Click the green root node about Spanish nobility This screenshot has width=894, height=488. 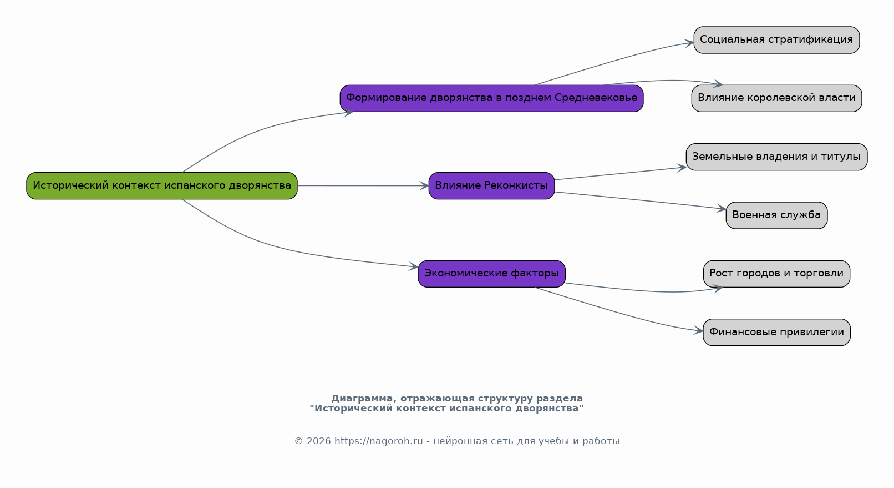pyautogui.click(x=161, y=186)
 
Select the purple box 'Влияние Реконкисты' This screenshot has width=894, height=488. pyautogui.click(x=491, y=186)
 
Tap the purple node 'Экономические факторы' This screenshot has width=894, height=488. pyautogui.click(x=491, y=274)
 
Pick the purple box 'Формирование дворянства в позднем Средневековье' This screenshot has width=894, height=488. pyautogui.click(x=491, y=98)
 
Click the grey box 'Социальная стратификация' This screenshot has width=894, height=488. pyautogui.click(x=776, y=40)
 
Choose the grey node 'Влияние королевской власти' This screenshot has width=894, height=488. pyautogui.click(x=776, y=98)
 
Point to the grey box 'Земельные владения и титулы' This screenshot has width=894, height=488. pyautogui.click(x=776, y=157)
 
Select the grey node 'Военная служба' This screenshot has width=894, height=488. pyautogui.click(x=776, y=215)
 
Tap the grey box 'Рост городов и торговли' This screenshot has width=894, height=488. pyautogui.click(x=776, y=274)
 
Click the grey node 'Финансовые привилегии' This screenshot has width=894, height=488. pyautogui.click(x=776, y=333)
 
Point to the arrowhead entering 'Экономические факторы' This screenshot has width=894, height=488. pyautogui.click(x=414, y=266)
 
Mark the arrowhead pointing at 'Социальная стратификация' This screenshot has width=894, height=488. pyautogui.click(x=689, y=43)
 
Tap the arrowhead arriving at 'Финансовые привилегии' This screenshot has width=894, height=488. pyautogui.click(x=698, y=330)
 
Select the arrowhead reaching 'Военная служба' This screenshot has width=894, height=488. pyautogui.click(x=722, y=209)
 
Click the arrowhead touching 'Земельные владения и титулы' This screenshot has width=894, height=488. pyautogui.click(x=682, y=168)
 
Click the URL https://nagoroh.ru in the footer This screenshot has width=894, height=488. pyautogui.click(x=378, y=441)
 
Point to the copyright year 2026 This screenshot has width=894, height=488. pyautogui.click(x=318, y=441)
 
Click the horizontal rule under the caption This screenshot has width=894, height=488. pyautogui.click(x=457, y=424)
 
